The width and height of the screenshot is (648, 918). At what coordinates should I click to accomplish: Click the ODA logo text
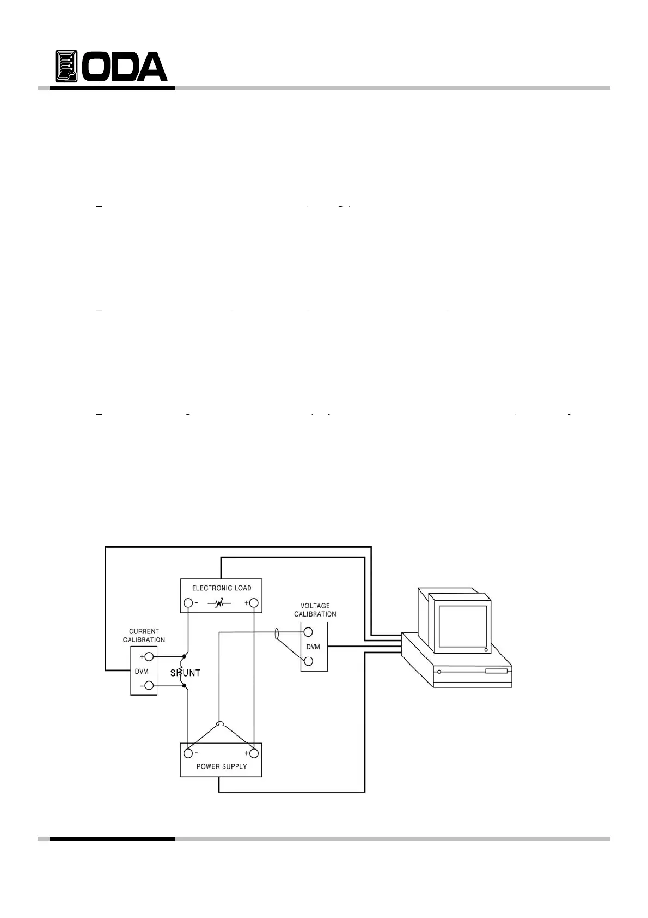pos(127,67)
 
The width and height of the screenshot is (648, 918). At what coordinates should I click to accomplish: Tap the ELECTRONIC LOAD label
pos(222,588)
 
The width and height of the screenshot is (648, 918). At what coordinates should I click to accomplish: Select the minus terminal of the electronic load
pos(188,603)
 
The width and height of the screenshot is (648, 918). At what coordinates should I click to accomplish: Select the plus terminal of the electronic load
pos(254,603)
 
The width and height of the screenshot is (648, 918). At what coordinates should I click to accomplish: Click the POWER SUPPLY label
pos(222,766)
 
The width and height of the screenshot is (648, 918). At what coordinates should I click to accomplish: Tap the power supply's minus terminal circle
pos(188,753)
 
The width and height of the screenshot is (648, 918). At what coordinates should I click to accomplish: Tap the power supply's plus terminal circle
pos(254,753)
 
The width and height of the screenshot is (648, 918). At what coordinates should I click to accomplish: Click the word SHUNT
pos(185,673)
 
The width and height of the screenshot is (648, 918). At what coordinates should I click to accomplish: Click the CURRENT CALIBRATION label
pos(144,636)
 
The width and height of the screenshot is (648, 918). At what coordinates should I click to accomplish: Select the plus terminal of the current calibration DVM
pos(149,656)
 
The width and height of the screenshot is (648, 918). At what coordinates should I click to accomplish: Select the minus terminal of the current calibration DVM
pos(149,686)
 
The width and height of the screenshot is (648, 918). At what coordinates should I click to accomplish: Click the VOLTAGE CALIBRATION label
pos(315,610)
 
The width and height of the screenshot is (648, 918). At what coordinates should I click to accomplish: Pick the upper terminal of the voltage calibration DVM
pos(308,632)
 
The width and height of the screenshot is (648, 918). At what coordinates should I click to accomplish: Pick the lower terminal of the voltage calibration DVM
pos(308,661)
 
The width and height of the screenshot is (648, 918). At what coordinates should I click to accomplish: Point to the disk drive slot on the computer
pos(496,671)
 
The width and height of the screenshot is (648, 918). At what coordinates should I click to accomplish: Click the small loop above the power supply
pos(220,724)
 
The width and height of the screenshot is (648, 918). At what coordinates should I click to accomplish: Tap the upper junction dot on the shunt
pos(184,657)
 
